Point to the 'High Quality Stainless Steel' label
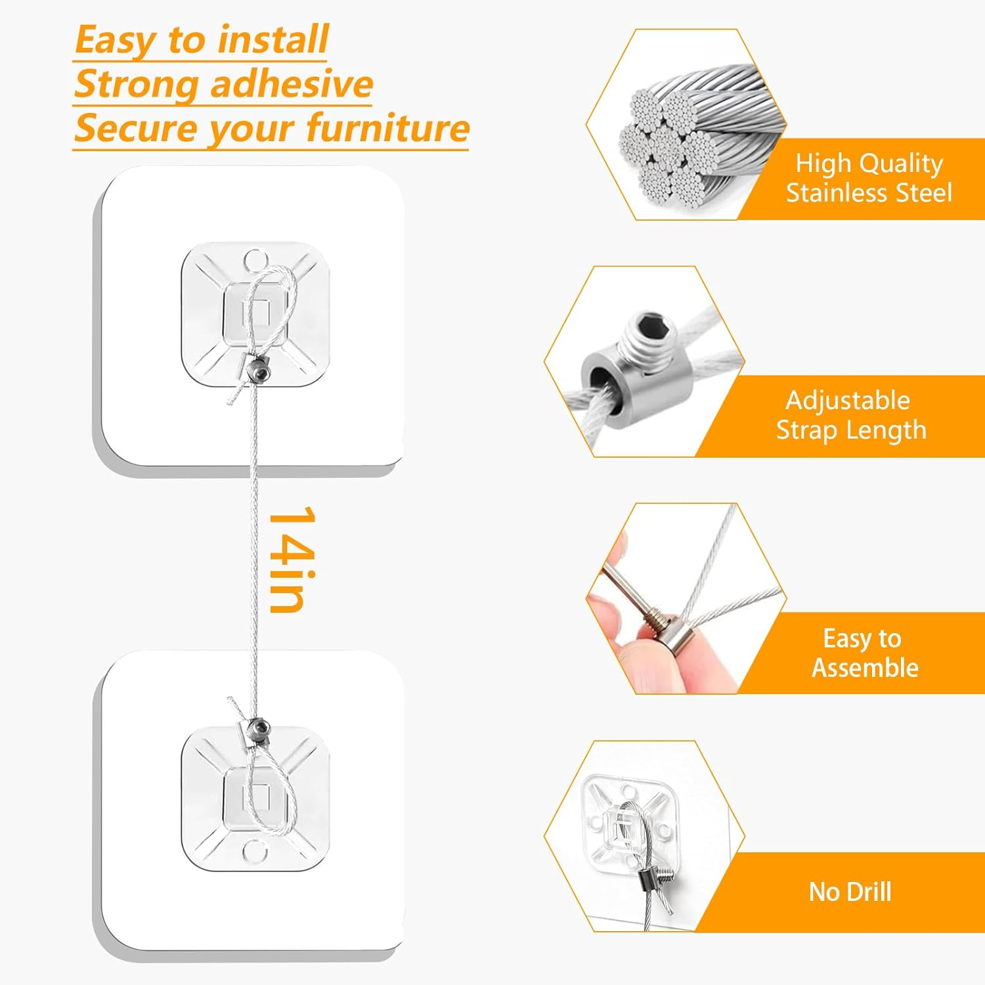868,178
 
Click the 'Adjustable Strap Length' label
850,415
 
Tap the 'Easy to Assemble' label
864,653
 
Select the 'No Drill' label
850,892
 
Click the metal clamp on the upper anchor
257,370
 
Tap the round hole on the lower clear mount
254,852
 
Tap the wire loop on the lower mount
269,788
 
